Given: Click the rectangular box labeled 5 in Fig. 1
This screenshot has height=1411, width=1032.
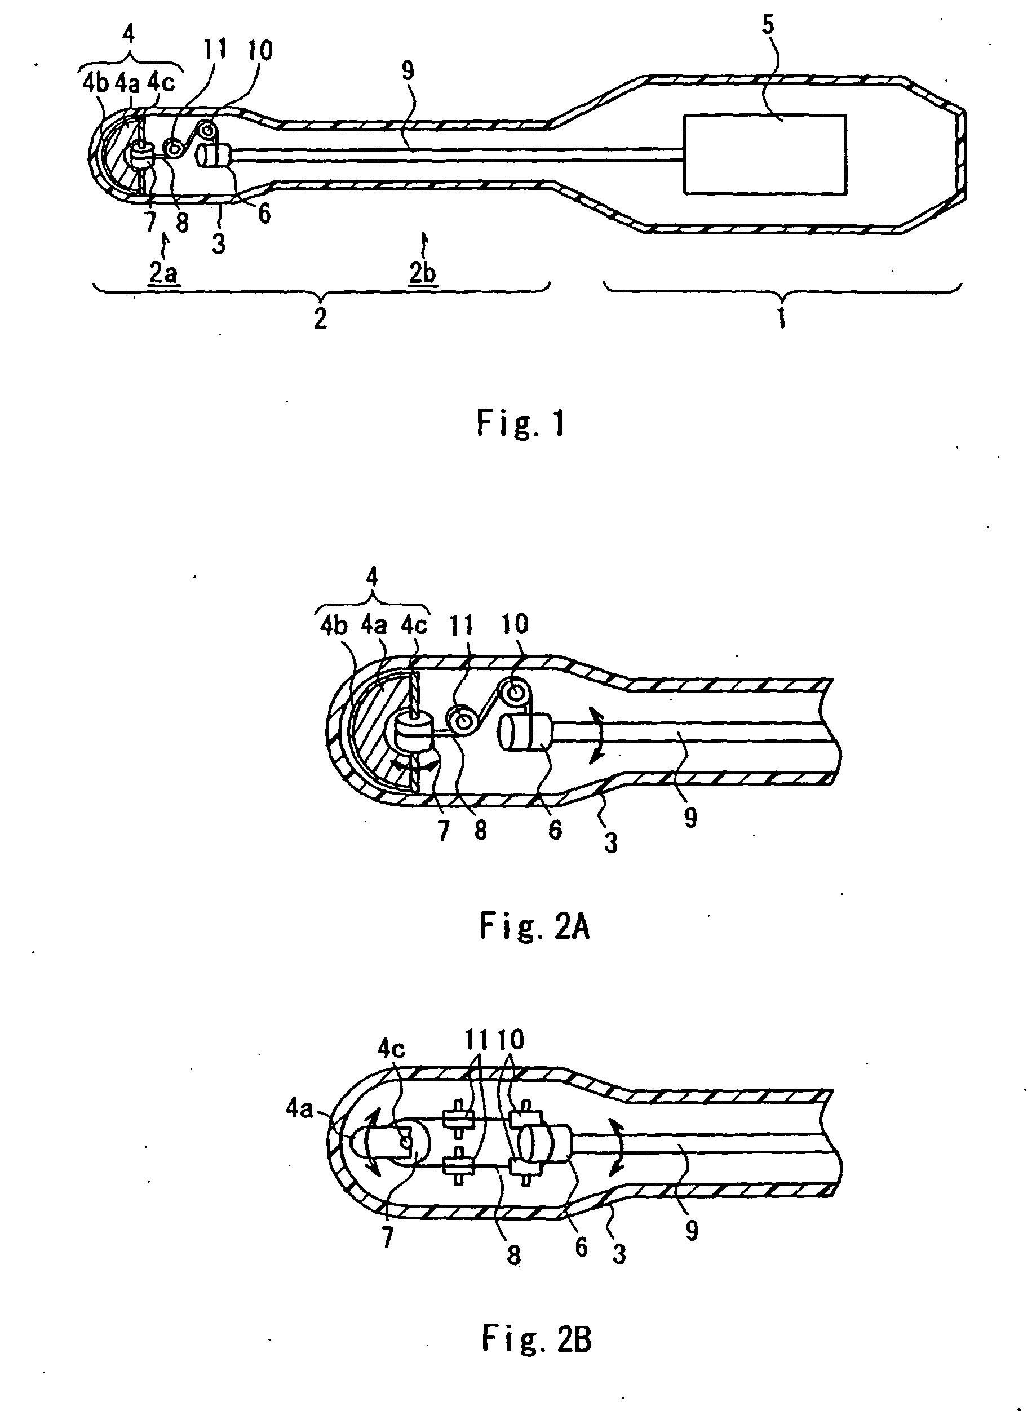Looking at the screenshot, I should click(765, 154).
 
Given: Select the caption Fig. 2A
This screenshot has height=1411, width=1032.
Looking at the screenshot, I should click(535, 926).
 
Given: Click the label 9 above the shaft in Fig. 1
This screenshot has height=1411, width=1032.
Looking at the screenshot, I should click(408, 70).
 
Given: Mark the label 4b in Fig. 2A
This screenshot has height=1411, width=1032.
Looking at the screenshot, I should click(334, 626).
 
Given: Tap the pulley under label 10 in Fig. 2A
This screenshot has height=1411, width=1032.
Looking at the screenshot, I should click(517, 691).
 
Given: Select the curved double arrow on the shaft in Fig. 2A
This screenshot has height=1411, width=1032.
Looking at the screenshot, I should click(598, 733).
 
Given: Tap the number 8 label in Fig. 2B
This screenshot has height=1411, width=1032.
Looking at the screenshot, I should click(513, 1254).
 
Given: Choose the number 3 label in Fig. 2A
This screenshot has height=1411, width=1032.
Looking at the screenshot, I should click(611, 842).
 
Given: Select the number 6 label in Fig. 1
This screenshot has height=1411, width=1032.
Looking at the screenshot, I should click(264, 214).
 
